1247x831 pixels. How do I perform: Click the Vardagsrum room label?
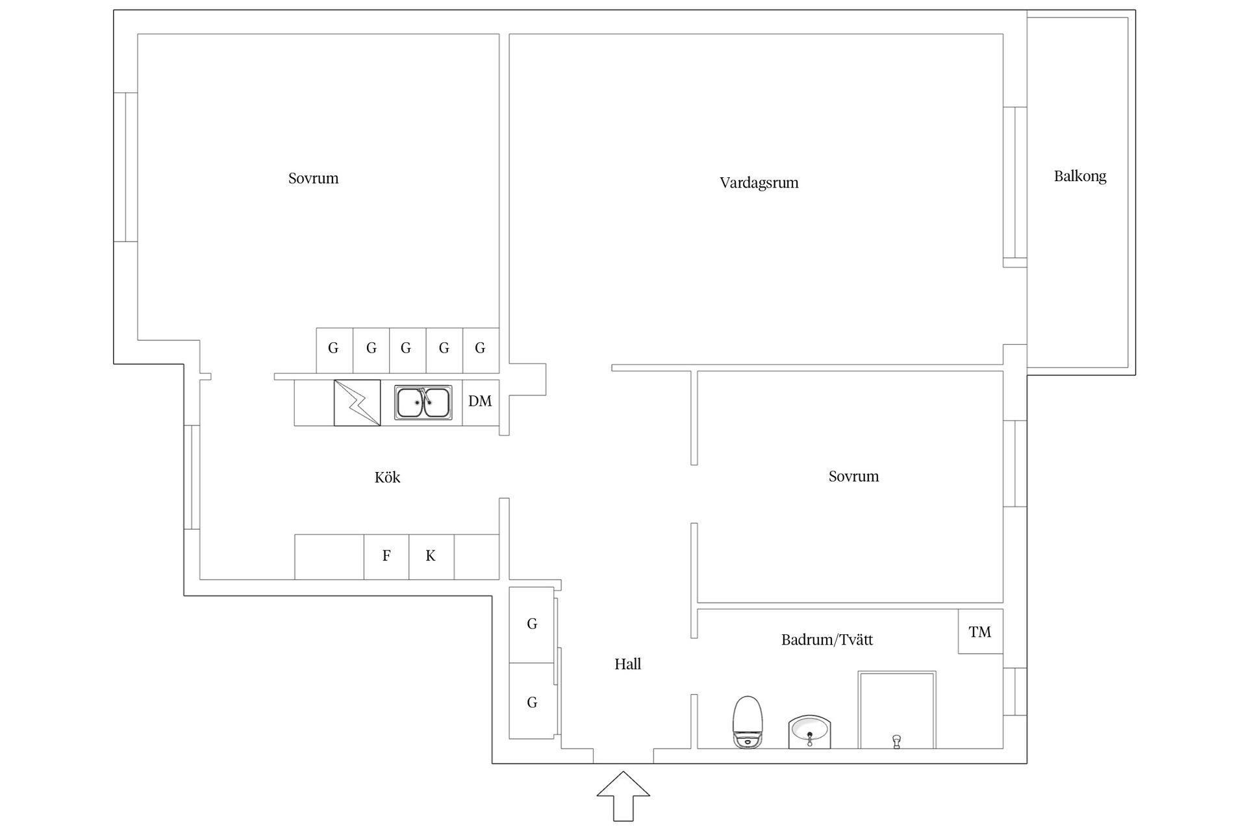759,183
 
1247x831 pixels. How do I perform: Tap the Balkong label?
1079,176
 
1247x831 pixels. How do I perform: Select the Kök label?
387,477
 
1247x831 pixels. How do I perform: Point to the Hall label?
627,664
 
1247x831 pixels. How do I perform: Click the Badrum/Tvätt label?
827,639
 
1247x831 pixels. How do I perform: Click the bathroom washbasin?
810,732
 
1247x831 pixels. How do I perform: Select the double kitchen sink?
423,403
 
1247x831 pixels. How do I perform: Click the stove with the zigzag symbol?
357,403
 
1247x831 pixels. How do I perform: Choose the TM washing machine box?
981,631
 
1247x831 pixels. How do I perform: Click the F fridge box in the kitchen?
386,556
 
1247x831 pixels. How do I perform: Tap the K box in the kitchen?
431,556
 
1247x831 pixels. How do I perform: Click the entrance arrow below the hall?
623,796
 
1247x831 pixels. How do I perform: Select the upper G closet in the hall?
531,625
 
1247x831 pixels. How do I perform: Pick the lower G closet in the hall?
531,701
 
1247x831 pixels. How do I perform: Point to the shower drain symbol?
897,741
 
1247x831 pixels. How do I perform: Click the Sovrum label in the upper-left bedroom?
313,179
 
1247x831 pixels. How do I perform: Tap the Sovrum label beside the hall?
853,477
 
